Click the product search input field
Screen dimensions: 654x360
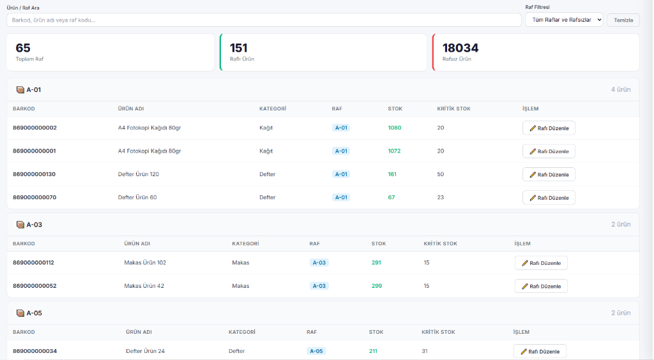point(264,20)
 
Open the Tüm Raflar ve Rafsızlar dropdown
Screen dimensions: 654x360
point(564,20)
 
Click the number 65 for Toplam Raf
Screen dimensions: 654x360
point(23,48)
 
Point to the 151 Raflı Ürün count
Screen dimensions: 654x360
point(239,48)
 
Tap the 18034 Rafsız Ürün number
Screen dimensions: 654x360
point(460,48)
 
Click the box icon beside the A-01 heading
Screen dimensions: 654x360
point(20,89)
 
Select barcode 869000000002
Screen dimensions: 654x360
point(34,128)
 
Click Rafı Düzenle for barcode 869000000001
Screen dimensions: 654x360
point(549,151)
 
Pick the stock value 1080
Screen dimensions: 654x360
point(395,128)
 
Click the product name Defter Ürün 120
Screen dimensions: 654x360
point(139,174)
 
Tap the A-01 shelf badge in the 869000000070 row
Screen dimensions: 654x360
point(341,197)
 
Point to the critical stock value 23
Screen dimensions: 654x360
point(441,197)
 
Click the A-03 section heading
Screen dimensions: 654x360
point(34,225)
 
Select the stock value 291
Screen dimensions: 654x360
point(376,262)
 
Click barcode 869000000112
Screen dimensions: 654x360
point(33,262)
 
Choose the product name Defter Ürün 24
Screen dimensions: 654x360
point(145,351)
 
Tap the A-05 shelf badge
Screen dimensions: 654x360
point(316,351)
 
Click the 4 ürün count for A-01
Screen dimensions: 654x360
point(621,89)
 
